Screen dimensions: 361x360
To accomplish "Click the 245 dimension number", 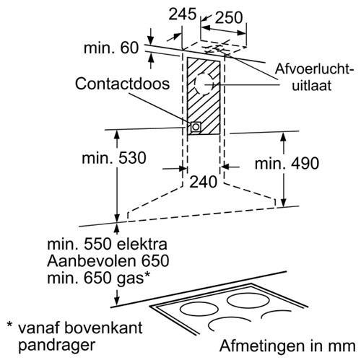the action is coord(183,14).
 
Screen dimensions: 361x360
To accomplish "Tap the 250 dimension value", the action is coord(229,17).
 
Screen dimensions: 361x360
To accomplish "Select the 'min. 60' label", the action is coord(111,48).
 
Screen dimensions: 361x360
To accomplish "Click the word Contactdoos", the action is coord(122,84).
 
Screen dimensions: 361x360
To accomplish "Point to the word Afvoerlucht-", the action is coord(314,69).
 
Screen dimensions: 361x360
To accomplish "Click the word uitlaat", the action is coord(312,85).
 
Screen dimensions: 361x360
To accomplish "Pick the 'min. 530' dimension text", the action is coord(114,158).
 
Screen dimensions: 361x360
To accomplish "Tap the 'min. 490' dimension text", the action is coord(287,164).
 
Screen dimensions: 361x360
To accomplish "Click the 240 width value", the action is coord(204,182).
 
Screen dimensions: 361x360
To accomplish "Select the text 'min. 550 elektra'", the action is coord(107,244).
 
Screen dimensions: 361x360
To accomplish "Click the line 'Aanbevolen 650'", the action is coord(108,261).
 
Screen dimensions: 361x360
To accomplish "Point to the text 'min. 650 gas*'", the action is coord(99,278).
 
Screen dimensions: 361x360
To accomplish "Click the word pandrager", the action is coord(57,346).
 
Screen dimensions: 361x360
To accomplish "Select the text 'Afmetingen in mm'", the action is coord(287,346).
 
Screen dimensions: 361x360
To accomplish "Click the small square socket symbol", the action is coord(196,127).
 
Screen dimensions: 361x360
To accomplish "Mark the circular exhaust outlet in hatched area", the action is coord(204,84).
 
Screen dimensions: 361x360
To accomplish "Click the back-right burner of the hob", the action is coord(248,301).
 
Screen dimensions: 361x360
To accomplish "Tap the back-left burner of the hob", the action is coord(199,309).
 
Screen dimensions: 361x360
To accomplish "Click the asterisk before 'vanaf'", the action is coord(9,325).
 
